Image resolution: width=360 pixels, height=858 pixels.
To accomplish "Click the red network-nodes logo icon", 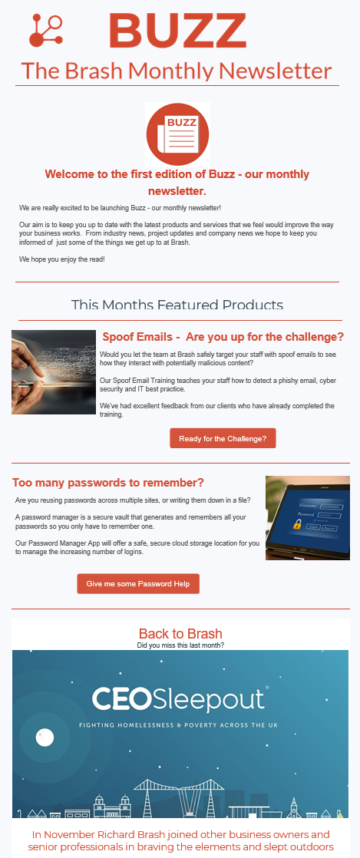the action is (x=45, y=31).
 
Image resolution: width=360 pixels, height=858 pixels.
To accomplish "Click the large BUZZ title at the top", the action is (x=177, y=31).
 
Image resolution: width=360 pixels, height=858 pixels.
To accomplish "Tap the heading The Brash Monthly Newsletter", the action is (x=177, y=71).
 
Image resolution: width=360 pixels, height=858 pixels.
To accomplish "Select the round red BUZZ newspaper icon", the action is (x=177, y=133).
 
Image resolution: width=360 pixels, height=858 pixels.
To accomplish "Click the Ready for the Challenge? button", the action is (x=223, y=439).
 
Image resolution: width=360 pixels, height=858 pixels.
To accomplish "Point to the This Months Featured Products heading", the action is (x=177, y=305).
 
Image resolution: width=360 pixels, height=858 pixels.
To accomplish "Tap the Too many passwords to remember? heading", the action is (x=108, y=483).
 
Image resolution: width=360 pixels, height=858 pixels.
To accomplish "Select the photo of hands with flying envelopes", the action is (x=54, y=372).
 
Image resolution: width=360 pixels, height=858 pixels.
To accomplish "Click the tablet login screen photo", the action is (x=307, y=518).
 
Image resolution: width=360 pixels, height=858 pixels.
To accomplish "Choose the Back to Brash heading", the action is (x=180, y=634).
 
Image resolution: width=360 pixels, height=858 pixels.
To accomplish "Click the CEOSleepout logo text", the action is (x=178, y=699).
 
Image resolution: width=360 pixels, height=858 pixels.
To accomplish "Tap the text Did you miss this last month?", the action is (x=180, y=645).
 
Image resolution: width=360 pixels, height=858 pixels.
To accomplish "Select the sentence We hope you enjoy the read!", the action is (x=62, y=260).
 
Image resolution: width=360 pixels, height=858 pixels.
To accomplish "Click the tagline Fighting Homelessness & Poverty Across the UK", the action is (x=179, y=724).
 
